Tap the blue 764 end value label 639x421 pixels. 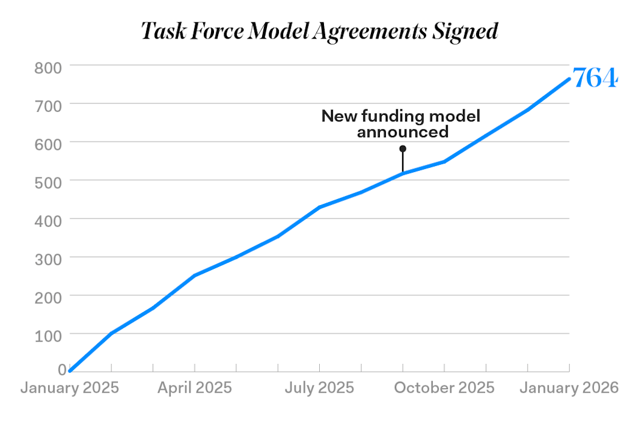(x=595, y=78)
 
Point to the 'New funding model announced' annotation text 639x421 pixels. (x=402, y=123)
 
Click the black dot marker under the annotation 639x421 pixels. (x=403, y=149)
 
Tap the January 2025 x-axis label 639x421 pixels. (x=70, y=388)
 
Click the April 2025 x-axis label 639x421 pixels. (x=194, y=388)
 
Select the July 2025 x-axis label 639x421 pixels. (x=319, y=388)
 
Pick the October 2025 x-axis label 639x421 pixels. (x=444, y=388)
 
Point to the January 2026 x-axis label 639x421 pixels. (x=569, y=388)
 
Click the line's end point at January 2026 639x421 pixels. (x=569, y=79)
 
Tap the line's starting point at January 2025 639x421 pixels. (x=70, y=371)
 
